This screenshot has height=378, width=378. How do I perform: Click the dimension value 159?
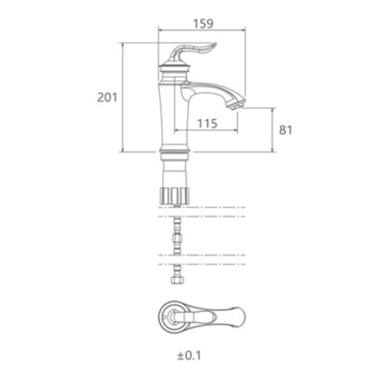pyautogui.click(x=203, y=24)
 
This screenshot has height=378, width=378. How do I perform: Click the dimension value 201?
pyautogui.click(x=107, y=98)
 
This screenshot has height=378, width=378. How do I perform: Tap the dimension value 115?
pyautogui.click(x=207, y=123)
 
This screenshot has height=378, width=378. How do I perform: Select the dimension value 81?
pyautogui.click(x=285, y=130)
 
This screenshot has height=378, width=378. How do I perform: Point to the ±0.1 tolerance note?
pyautogui.click(x=189, y=355)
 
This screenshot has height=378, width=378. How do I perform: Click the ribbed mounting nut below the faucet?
pyautogui.click(x=174, y=196)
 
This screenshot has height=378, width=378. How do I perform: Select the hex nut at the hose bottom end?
pyautogui.click(x=178, y=280)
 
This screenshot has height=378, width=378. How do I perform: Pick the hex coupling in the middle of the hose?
pyautogui.click(x=177, y=238)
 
